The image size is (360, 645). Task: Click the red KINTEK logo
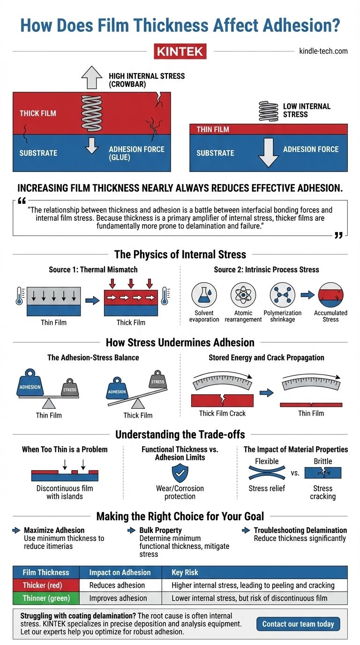coord(180,51)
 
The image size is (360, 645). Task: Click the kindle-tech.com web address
coord(323,51)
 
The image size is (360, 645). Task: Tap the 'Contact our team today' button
coord(298,624)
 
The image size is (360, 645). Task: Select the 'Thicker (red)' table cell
coord(43,585)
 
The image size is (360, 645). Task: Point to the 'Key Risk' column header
coord(185,572)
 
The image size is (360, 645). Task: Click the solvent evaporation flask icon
coord(204,295)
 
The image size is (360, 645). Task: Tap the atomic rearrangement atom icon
coord(243,295)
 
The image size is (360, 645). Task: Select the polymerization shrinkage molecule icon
coord(282,295)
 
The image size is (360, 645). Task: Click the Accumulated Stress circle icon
coord(330,295)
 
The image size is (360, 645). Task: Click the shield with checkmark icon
coord(180,473)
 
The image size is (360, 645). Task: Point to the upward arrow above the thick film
coord(91,77)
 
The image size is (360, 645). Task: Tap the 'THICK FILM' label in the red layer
coord(38,113)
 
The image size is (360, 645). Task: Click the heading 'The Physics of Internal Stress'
coord(180,255)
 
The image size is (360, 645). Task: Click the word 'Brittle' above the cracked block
coord(322,461)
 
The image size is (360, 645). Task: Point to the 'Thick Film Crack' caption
coord(222,413)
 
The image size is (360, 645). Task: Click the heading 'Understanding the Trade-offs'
coord(180,434)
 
